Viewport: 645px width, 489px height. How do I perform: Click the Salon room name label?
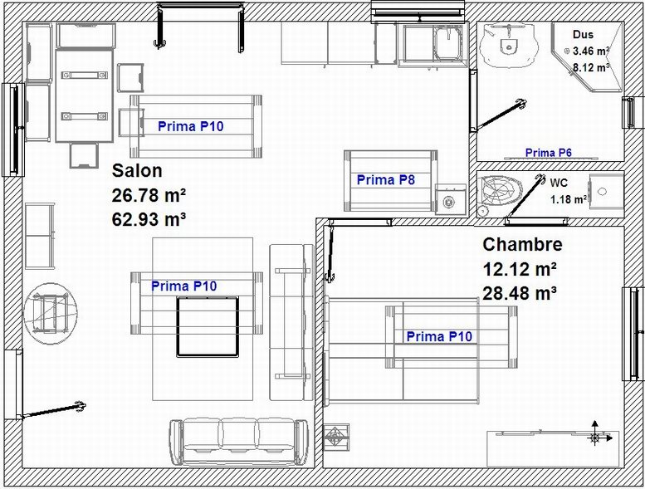click(x=137, y=171)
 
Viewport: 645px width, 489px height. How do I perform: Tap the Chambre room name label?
click(x=522, y=244)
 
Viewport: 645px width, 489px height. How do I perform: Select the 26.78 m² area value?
click(x=149, y=195)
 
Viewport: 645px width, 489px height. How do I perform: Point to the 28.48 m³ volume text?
click(x=520, y=294)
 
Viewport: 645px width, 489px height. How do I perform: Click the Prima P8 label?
click(x=386, y=179)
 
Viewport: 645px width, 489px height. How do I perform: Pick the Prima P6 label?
click(x=549, y=153)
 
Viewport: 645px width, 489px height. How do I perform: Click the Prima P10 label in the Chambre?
click(x=439, y=336)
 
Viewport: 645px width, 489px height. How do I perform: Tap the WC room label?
click(x=559, y=183)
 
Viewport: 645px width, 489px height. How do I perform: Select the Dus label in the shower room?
click(x=583, y=35)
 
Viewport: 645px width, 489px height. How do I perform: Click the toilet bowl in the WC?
click(x=500, y=190)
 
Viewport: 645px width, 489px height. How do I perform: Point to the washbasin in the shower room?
click(x=509, y=45)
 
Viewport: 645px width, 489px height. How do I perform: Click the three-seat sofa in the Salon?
click(x=238, y=443)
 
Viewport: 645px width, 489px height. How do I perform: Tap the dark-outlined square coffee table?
click(x=208, y=326)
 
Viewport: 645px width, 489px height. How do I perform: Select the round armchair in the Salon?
click(x=50, y=313)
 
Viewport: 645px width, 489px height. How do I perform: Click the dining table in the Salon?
click(x=85, y=95)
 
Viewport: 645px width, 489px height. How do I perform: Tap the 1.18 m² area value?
click(x=569, y=199)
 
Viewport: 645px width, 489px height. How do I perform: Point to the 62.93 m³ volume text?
click(x=149, y=220)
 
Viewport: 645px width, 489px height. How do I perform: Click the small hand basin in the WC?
click(x=606, y=191)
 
